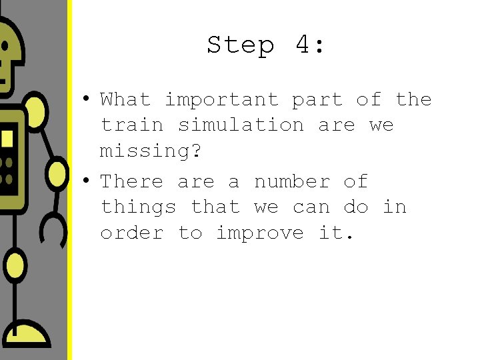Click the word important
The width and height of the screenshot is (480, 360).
click(221, 100)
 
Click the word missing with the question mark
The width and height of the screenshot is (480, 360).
click(150, 151)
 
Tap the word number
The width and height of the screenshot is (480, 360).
click(292, 181)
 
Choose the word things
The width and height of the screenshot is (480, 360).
click(138, 207)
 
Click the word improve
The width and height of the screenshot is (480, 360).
click(260, 233)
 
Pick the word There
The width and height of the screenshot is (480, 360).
click(132, 181)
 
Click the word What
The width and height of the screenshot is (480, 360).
click(125, 100)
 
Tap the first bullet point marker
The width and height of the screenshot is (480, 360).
click(86, 99)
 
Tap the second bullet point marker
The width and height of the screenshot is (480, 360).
click(86, 181)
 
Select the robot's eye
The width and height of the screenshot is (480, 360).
click(3, 47)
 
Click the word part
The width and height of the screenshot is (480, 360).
click(317, 100)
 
